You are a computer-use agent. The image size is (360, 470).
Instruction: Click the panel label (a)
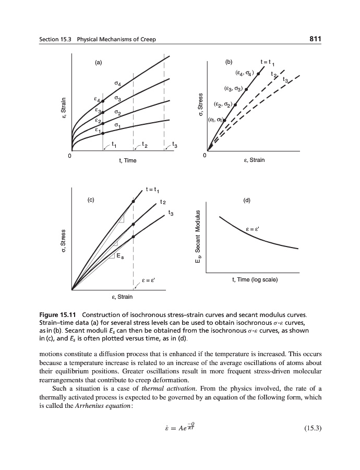pyautogui.click(x=98, y=63)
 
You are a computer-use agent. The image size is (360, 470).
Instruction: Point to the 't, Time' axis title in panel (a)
pyautogui.click(x=127, y=160)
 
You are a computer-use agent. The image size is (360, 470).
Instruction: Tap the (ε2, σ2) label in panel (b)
pyautogui.click(x=224, y=105)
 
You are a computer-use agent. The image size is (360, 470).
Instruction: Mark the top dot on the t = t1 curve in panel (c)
pyautogui.click(x=134, y=201)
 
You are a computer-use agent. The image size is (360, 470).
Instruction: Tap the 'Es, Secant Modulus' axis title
pyautogui.click(x=198, y=241)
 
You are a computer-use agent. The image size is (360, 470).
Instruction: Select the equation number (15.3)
pyautogui.click(x=310, y=429)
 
